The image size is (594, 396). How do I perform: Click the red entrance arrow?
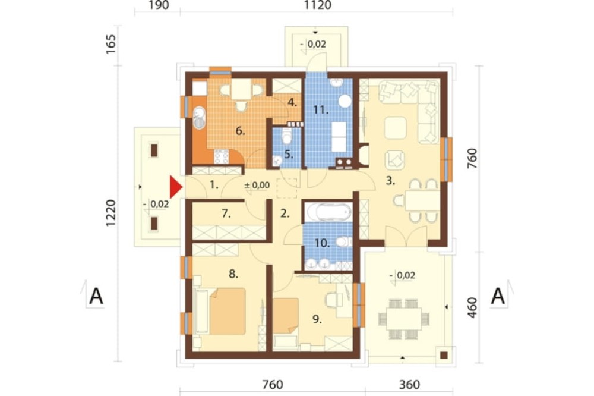[175, 187]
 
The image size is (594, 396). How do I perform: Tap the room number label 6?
[240, 131]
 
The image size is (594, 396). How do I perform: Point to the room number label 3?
[390, 181]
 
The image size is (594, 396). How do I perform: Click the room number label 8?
[233, 274]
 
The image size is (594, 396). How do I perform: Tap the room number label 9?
[317, 319]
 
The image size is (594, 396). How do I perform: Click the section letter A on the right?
[498, 296]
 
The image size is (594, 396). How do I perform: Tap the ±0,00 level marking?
[257, 185]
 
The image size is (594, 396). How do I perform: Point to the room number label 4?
[292, 102]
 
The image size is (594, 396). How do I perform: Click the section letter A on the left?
[96, 296]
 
